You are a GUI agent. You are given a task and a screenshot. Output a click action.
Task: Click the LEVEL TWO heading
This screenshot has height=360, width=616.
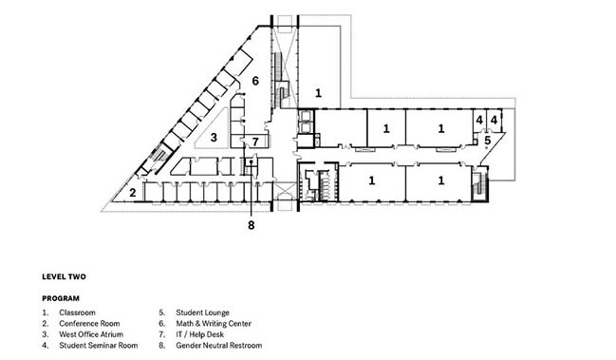click(64, 276)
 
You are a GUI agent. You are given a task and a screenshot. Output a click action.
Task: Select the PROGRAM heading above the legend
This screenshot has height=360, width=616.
click(61, 298)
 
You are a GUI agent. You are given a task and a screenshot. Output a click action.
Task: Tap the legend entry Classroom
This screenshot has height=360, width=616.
click(78, 313)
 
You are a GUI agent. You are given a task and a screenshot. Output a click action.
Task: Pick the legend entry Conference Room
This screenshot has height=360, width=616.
click(89, 324)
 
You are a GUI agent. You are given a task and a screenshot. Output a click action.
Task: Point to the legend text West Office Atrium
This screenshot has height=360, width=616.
click(91, 334)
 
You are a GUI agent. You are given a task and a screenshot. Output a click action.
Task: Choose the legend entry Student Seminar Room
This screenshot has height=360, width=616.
click(99, 346)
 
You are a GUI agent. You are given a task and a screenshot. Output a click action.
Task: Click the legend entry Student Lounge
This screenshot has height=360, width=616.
click(203, 313)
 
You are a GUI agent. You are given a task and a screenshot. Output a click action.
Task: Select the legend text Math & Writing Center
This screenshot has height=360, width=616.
click(214, 324)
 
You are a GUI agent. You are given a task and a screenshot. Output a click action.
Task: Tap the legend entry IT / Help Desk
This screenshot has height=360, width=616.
click(199, 334)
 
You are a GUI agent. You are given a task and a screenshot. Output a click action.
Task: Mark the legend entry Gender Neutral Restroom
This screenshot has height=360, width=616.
click(219, 346)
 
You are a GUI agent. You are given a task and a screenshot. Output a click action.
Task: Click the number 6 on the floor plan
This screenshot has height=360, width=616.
click(255, 81)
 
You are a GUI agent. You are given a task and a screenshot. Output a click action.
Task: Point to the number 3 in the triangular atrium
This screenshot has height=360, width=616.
click(214, 137)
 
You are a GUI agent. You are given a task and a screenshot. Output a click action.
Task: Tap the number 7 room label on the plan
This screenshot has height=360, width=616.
click(255, 142)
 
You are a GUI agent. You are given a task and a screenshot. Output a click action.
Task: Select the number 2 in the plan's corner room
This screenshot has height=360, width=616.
click(133, 193)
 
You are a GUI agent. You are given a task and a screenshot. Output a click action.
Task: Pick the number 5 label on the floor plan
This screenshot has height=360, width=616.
click(488, 141)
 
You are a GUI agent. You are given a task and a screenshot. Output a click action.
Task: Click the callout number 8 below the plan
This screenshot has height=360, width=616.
click(251, 225)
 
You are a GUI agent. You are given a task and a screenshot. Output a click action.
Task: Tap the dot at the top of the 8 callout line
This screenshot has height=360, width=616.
click(251, 161)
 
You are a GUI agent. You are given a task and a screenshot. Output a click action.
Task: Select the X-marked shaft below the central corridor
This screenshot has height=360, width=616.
click(285, 191)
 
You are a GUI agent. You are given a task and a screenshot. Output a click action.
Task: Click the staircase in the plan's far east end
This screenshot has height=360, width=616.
click(479, 184)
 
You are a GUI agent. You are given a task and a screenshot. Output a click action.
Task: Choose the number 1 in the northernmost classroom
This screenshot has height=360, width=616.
click(318, 93)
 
